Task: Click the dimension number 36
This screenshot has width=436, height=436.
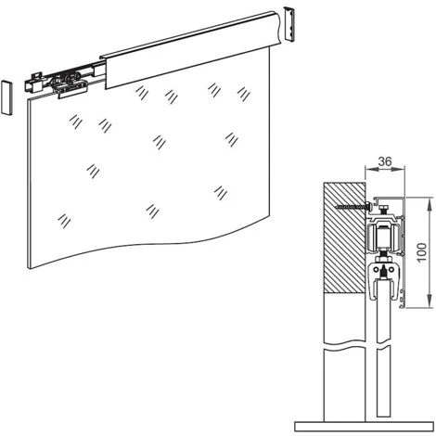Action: click(x=385, y=161)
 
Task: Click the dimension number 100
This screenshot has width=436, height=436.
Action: click(x=422, y=252)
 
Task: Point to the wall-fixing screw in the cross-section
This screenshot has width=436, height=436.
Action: click(x=353, y=206)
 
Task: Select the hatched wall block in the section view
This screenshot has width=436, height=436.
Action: click(x=344, y=237)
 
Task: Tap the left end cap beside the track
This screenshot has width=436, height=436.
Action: click(x=6, y=97)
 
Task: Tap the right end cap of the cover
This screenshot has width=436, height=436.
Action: click(x=289, y=23)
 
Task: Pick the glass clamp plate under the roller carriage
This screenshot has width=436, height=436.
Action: click(x=71, y=90)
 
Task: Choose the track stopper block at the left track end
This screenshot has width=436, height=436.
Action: click(x=33, y=83)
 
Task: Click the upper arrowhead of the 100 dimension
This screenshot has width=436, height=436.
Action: click(x=429, y=204)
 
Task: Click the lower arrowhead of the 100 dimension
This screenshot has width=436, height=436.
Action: click(x=429, y=301)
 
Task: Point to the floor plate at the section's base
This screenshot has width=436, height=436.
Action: click(x=364, y=427)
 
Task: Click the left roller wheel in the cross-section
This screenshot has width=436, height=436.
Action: click(x=371, y=238)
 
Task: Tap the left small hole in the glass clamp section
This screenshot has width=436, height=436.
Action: click(x=376, y=270)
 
